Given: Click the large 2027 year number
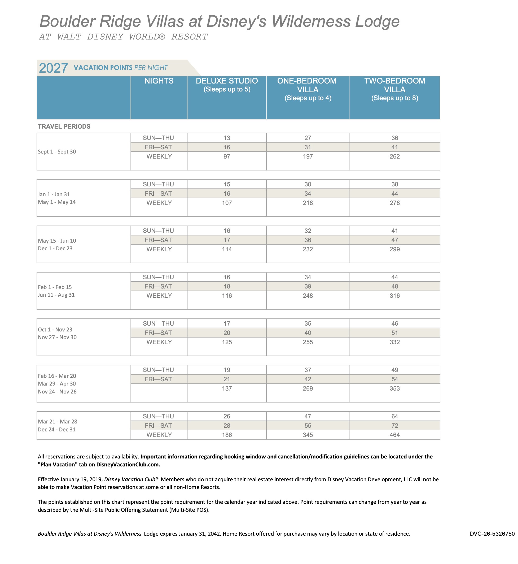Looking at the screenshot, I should click(53, 68).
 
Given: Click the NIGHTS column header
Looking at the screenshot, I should click(159, 81).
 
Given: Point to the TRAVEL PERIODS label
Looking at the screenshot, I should click(64, 126).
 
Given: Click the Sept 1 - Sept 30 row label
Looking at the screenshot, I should click(57, 152).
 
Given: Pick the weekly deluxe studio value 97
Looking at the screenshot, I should click(227, 156).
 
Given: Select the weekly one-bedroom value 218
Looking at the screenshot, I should click(308, 203).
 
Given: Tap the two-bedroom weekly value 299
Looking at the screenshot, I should click(394, 249).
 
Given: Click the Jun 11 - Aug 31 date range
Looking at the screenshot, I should click(56, 295).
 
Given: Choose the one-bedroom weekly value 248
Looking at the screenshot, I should click(308, 296).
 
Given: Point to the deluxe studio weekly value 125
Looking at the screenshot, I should click(227, 342).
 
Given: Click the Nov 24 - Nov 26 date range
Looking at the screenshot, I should click(57, 392).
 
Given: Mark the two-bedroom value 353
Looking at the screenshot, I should click(394, 388).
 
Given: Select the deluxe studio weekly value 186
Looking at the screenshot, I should click(227, 435).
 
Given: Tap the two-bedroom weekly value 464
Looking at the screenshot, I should click(394, 435).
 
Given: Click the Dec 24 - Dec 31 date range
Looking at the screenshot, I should click(57, 430).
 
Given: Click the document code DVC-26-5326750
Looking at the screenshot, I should click(492, 534).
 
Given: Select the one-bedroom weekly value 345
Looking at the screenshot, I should click(308, 435).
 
